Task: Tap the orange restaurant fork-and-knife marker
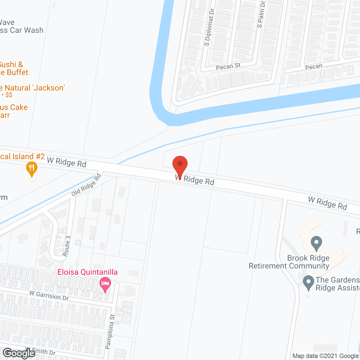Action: click(32, 168)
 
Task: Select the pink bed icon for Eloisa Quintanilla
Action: click(105, 283)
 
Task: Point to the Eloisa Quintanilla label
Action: click(87, 272)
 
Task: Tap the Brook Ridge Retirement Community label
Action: click(289, 262)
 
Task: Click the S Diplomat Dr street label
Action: click(209, 27)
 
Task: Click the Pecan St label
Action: click(228, 67)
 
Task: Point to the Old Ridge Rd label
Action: click(86, 185)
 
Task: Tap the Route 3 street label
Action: click(67, 246)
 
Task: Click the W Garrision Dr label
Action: click(49, 295)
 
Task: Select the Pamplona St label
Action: click(110, 332)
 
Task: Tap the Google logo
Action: click(19, 353)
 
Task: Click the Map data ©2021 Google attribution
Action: click(326, 356)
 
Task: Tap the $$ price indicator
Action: click(9, 95)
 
